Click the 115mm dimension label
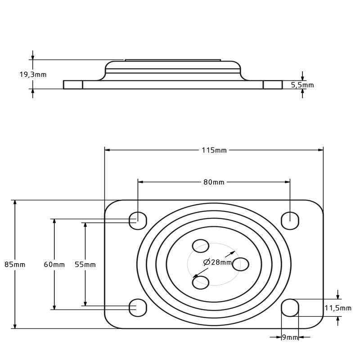click(214, 150)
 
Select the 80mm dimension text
click(214, 182)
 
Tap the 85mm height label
click(15, 265)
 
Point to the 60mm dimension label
click(54, 265)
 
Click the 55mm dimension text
click(85, 265)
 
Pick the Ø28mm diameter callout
click(217, 262)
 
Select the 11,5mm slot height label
click(338, 308)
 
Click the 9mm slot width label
click(290, 337)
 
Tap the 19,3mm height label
click(32, 75)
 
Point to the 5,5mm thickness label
click(302, 85)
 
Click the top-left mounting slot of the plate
click(138, 220)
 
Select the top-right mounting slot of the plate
click(290, 220)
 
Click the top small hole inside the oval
click(201, 246)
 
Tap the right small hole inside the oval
click(241, 264)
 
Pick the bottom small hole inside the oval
click(201, 283)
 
